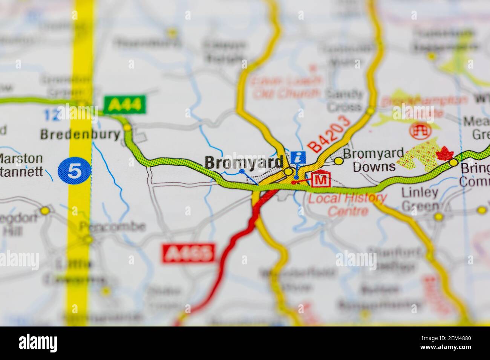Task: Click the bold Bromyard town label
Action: click(x=244, y=163)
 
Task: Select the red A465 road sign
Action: click(x=189, y=253)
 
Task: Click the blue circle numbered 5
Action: click(x=74, y=171)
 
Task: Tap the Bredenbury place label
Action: click(x=80, y=134)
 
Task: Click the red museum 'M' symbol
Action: click(x=320, y=180)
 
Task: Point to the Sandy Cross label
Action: click(x=344, y=100)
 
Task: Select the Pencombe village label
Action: click(x=112, y=227)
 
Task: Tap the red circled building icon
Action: click(x=419, y=130)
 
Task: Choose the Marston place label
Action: click(x=21, y=158)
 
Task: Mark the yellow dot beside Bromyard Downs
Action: click(x=339, y=161)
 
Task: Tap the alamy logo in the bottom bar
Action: click(x=38, y=343)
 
